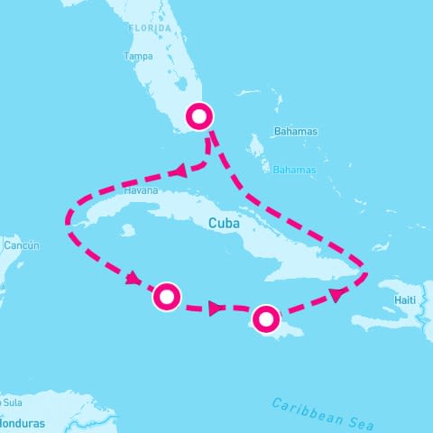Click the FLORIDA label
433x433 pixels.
150,29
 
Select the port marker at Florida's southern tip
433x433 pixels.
199,115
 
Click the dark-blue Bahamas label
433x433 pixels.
297,132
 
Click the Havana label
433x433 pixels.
143,191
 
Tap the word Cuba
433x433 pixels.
223,223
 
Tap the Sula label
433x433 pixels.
12,401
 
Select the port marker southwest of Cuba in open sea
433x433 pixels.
167,296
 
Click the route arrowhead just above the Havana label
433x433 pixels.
179,170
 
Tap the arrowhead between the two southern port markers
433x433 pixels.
216,309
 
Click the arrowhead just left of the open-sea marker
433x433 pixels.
133,278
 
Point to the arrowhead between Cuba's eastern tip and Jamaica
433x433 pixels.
336,294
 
